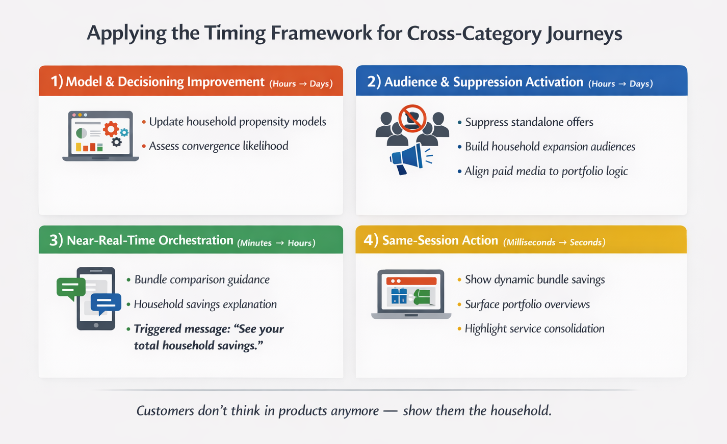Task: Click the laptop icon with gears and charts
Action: [100, 136]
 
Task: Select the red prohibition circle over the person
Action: [412, 118]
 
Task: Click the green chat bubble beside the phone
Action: [70, 288]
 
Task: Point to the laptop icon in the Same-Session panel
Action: [411, 294]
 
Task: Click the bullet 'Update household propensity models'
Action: [237, 122]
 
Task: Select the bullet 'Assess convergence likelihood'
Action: [218, 146]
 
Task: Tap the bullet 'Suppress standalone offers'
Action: [529, 122]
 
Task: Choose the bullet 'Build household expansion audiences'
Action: [550, 147]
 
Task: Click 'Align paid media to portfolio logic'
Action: [546, 171]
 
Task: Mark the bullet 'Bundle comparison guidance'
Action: [201, 280]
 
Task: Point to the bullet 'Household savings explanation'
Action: [205, 304]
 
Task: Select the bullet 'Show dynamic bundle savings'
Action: [534, 280]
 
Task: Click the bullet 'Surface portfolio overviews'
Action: [527, 304]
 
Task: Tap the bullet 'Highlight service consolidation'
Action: [534, 329]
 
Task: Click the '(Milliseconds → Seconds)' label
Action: [554, 242]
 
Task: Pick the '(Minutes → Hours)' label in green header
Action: [276, 243]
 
